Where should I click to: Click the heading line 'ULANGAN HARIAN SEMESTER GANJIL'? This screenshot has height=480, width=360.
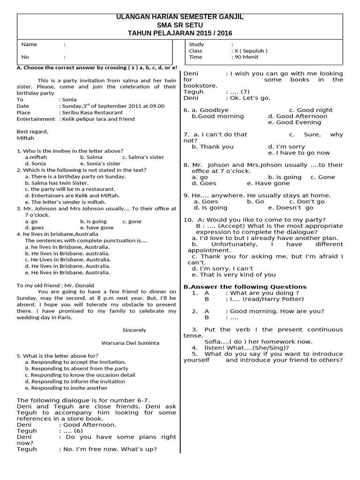180,17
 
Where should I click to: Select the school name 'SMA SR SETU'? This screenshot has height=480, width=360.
180,25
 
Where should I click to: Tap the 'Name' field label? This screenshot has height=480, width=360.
29,45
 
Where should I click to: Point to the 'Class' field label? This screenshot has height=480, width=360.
195,51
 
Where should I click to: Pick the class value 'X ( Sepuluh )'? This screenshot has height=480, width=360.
250,51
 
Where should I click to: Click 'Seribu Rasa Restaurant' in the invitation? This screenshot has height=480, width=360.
92,112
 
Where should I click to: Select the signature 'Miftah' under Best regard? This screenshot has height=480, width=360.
25,138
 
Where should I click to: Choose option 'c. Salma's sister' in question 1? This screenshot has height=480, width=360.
143,157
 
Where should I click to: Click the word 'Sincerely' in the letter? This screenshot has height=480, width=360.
134,330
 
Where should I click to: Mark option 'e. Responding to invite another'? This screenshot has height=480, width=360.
66,388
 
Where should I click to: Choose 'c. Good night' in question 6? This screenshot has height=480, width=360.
311,110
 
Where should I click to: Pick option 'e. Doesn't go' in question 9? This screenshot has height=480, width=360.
291,208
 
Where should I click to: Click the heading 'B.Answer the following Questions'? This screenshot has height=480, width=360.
245,287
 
